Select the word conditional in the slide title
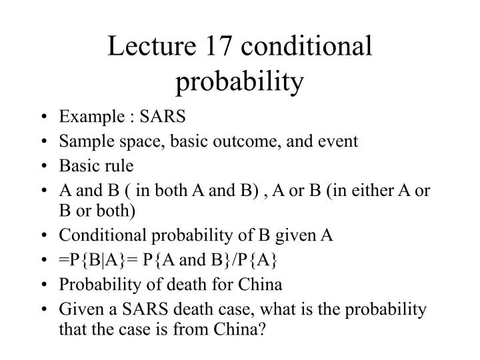[x=307, y=48]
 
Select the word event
[x=341, y=141]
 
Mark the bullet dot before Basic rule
[x=44, y=165]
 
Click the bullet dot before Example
[x=44, y=117]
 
